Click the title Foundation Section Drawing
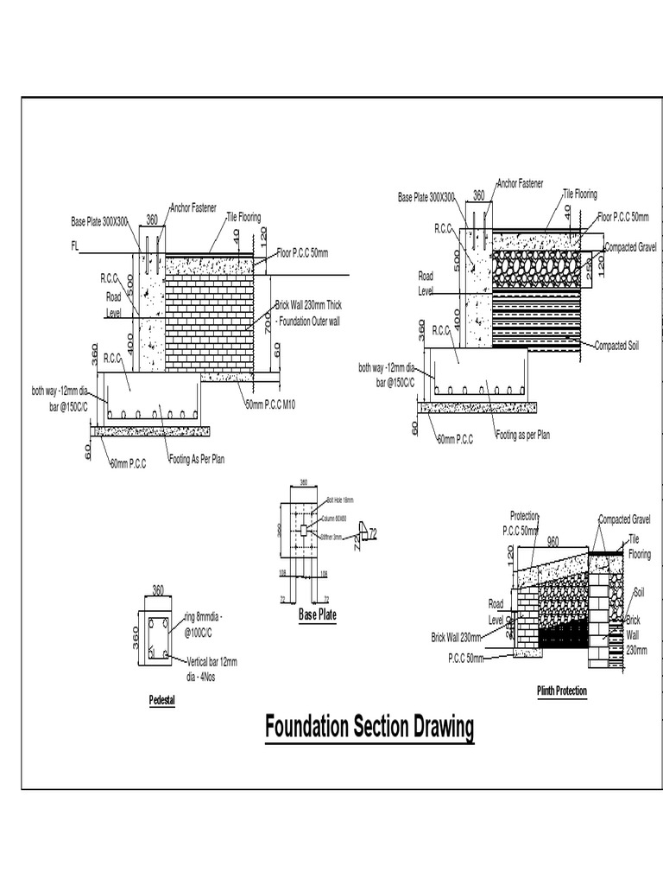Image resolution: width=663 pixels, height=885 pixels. [x=369, y=727]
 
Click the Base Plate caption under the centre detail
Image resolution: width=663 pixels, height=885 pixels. [x=317, y=614]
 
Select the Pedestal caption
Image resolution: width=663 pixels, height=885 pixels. [x=161, y=700]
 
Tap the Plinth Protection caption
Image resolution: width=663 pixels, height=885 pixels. [x=561, y=691]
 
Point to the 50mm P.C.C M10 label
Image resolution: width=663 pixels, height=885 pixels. [x=270, y=404]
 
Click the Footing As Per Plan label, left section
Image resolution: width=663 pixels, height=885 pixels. [x=196, y=460]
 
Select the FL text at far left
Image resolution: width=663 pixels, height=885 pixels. [x=75, y=246]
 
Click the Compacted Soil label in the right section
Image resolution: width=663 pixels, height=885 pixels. [x=616, y=346]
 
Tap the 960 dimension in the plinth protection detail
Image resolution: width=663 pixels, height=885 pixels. [x=552, y=541]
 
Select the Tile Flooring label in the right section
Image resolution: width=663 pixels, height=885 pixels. [x=579, y=194]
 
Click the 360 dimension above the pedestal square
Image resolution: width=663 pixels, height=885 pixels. [x=158, y=590]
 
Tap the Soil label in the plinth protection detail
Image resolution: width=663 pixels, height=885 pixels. [x=639, y=593]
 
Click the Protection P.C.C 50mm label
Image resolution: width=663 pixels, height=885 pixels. [x=521, y=523]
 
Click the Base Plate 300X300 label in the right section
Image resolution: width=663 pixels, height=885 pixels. [x=426, y=198]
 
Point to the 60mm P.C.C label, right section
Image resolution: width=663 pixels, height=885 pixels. [x=455, y=440]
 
